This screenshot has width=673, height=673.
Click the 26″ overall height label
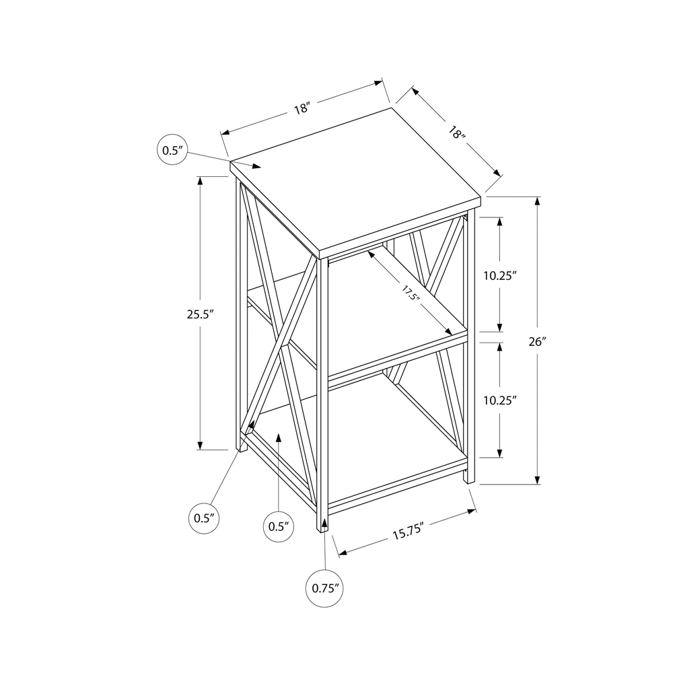[x=536, y=341]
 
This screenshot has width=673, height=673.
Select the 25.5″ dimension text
[x=201, y=313]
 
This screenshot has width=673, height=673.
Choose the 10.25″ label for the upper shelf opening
[x=499, y=275]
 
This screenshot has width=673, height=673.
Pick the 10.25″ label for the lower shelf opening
[x=499, y=400]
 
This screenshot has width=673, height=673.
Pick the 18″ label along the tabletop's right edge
[x=457, y=133]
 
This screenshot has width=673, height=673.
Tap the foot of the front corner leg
[x=322, y=529]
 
